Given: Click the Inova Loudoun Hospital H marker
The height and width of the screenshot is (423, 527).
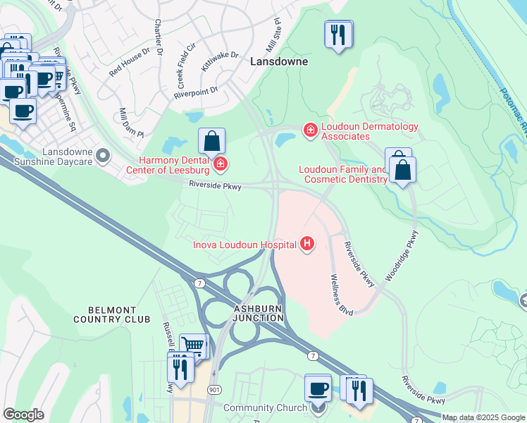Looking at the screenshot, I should click(x=306, y=245).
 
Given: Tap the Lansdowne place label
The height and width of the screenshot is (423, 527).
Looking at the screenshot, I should click(x=277, y=61).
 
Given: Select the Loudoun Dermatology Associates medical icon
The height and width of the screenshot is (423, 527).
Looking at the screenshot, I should click(x=309, y=130).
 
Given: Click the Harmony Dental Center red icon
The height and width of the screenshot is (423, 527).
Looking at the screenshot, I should click(x=221, y=165).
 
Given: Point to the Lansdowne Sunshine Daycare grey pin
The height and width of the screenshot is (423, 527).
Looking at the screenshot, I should click(x=104, y=154).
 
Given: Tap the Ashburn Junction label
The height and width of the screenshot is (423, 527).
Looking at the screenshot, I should click(x=260, y=313).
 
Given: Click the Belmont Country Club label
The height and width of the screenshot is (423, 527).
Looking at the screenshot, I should click(x=111, y=314).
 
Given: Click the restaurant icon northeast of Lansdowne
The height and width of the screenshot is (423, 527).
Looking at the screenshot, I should click(x=338, y=33).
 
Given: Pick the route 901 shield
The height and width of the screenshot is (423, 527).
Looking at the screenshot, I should click(x=214, y=389).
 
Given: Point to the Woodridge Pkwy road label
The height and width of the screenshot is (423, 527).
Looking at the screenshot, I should click(x=402, y=257).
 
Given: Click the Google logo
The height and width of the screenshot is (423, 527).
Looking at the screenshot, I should click(x=23, y=415).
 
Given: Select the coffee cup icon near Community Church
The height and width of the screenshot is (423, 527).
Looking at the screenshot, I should click(x=318, y=388).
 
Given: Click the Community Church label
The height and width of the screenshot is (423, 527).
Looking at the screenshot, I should click(x=265, y=407).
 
